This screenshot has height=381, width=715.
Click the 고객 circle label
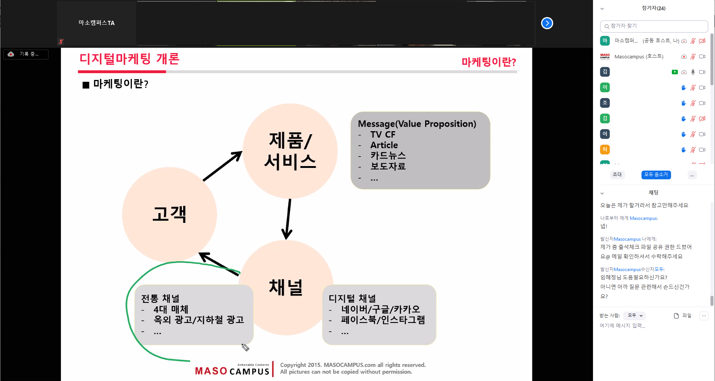pyautogui.click(x=169, y=214)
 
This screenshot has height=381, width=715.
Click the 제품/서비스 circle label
pyautogui.click(x=290, y=151)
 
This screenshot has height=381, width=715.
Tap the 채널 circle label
pyautogui.click(x=286, y=287)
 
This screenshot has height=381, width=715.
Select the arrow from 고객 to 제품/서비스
pyautogui.click(x=222, y=166)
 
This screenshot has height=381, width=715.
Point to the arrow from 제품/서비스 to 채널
pyautogui.click(x=288, y=219)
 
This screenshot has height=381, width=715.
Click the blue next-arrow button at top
pyautogui.click(x=547, y=23)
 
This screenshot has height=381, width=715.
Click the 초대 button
pyautogui.click(x=617, y=175)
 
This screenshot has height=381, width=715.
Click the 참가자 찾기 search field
pyautogui.click(x=654, y=26)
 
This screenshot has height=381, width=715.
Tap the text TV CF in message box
pyautogui.click(x=383, y=135)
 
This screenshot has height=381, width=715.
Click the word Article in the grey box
pyautogui.click(x=384, y=145)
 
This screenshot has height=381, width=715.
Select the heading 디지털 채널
pyautogui.click(x=352, y=298)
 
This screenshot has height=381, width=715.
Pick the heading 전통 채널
pyautogui.click(x=160, y=298)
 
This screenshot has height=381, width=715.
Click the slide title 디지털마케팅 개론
pyautogui.click(x=130, y=59)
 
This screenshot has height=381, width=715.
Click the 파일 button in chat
pyautogui.click(x=682, y=316)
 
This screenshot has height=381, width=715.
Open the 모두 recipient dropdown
pyautogui.click(x=635, y=315)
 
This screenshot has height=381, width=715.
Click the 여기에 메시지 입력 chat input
pyautogui.click(x=622, y=326)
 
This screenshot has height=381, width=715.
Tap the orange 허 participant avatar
pyautogui.click(x=605, y=149)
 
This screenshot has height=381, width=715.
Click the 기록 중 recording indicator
pyautogui.click(x=26, y=54)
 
